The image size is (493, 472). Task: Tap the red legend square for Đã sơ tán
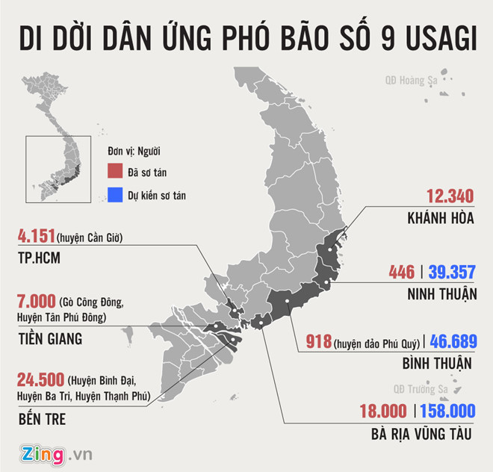coord(114,171)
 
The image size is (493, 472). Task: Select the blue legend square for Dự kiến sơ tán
coord(114,196)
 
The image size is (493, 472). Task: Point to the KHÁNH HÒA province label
coord(439,220)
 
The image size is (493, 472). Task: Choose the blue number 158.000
coord(447,411)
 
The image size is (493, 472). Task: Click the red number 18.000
coord(381,411)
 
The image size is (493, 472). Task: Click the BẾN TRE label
coord(42,419)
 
